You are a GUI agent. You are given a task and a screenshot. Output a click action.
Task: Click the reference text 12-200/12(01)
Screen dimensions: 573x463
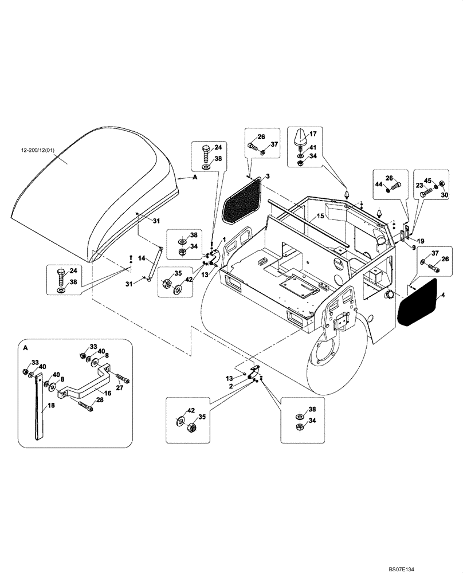[x=39, y=151]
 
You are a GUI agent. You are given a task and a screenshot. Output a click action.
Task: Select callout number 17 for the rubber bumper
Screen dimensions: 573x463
[x=313, y=135]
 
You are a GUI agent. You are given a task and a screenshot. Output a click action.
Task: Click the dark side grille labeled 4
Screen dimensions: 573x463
[x=418, y=303]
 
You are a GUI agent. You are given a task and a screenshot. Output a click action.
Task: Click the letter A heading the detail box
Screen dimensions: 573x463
[x=25, y=348]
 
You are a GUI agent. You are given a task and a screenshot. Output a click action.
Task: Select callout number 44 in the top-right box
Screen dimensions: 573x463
[x=379, y=185]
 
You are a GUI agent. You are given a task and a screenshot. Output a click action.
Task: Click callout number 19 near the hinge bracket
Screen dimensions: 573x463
[x=421, y=241]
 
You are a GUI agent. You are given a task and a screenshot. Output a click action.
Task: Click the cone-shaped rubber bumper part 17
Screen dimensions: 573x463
[x=300, y=138]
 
